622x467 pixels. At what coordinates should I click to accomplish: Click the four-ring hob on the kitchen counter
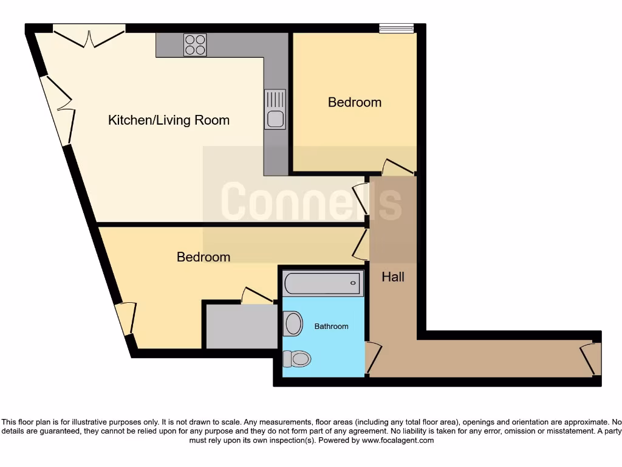point(195,45)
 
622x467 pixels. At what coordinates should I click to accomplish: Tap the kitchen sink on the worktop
point(275,109)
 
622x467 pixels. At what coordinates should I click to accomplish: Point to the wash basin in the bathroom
point(293,323)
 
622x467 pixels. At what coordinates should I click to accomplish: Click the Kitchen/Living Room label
point(169,120)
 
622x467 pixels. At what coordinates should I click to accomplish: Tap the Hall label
point(393,277)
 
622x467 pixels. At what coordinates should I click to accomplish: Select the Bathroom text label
point(331,327)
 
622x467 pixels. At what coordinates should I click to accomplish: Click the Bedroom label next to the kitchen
point(355,102)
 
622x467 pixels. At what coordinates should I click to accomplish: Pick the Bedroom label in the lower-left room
point(203,257)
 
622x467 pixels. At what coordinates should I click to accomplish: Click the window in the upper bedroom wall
point(396,27)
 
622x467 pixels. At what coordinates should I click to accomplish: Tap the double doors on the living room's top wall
point(89,36)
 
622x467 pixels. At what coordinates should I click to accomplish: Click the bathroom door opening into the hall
point(373,359)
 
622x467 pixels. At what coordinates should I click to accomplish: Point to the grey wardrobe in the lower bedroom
point(241,326)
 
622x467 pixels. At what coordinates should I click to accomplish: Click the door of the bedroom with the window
point(399,166)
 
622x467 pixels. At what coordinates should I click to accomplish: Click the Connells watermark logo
point(310,201)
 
